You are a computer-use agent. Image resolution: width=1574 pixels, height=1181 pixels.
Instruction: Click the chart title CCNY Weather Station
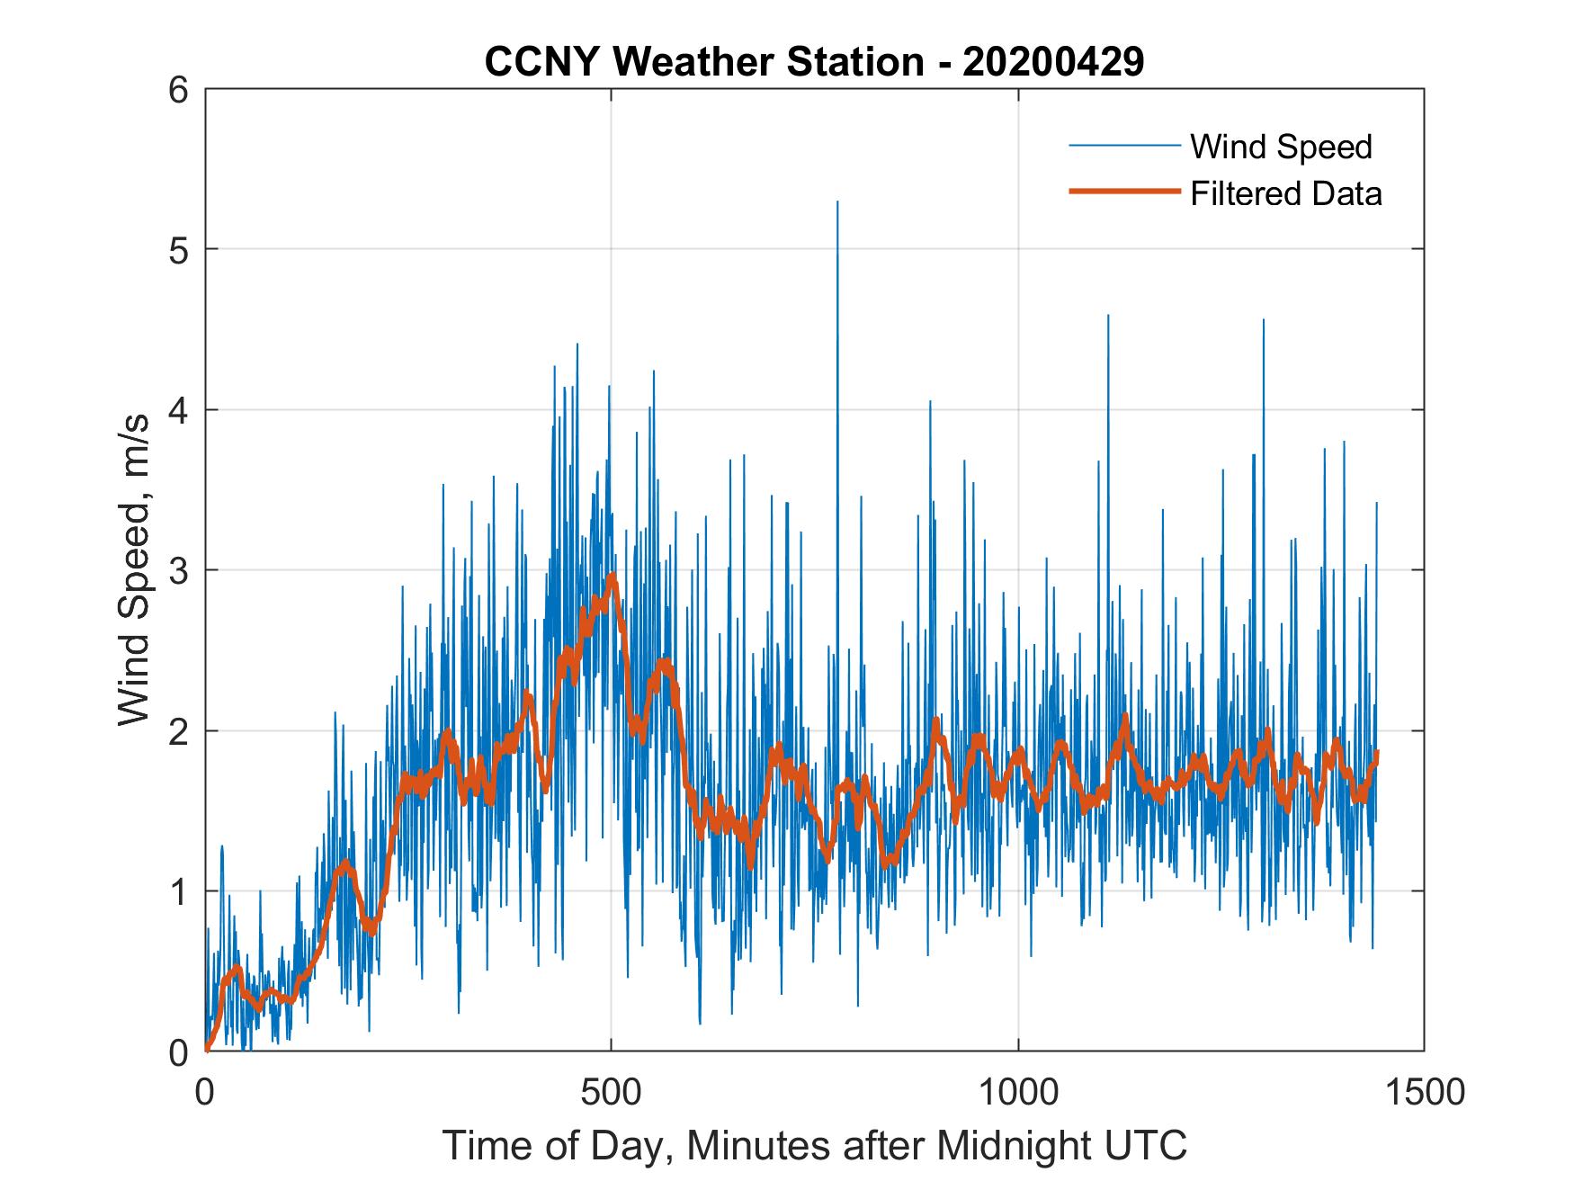(x=704, y=62)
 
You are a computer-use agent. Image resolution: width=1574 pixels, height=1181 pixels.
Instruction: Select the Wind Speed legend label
(x=1281, y=147)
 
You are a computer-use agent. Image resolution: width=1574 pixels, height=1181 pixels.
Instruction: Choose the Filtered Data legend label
(x=1285, y=193)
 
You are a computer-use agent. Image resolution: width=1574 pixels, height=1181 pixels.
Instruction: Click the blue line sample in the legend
(x=1123, y=146)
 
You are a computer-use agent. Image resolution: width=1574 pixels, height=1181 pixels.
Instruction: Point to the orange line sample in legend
(x=1123, y=192)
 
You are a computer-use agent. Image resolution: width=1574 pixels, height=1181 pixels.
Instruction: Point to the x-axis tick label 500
(x=611, y=1093)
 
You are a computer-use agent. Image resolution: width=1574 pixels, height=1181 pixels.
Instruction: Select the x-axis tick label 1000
(x=1018, y=1093)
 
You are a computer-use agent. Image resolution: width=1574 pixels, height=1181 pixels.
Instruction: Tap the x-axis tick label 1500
(x=1424, y=1093)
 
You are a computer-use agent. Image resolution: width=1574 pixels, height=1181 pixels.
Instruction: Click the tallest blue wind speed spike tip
(x=837, y=202)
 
